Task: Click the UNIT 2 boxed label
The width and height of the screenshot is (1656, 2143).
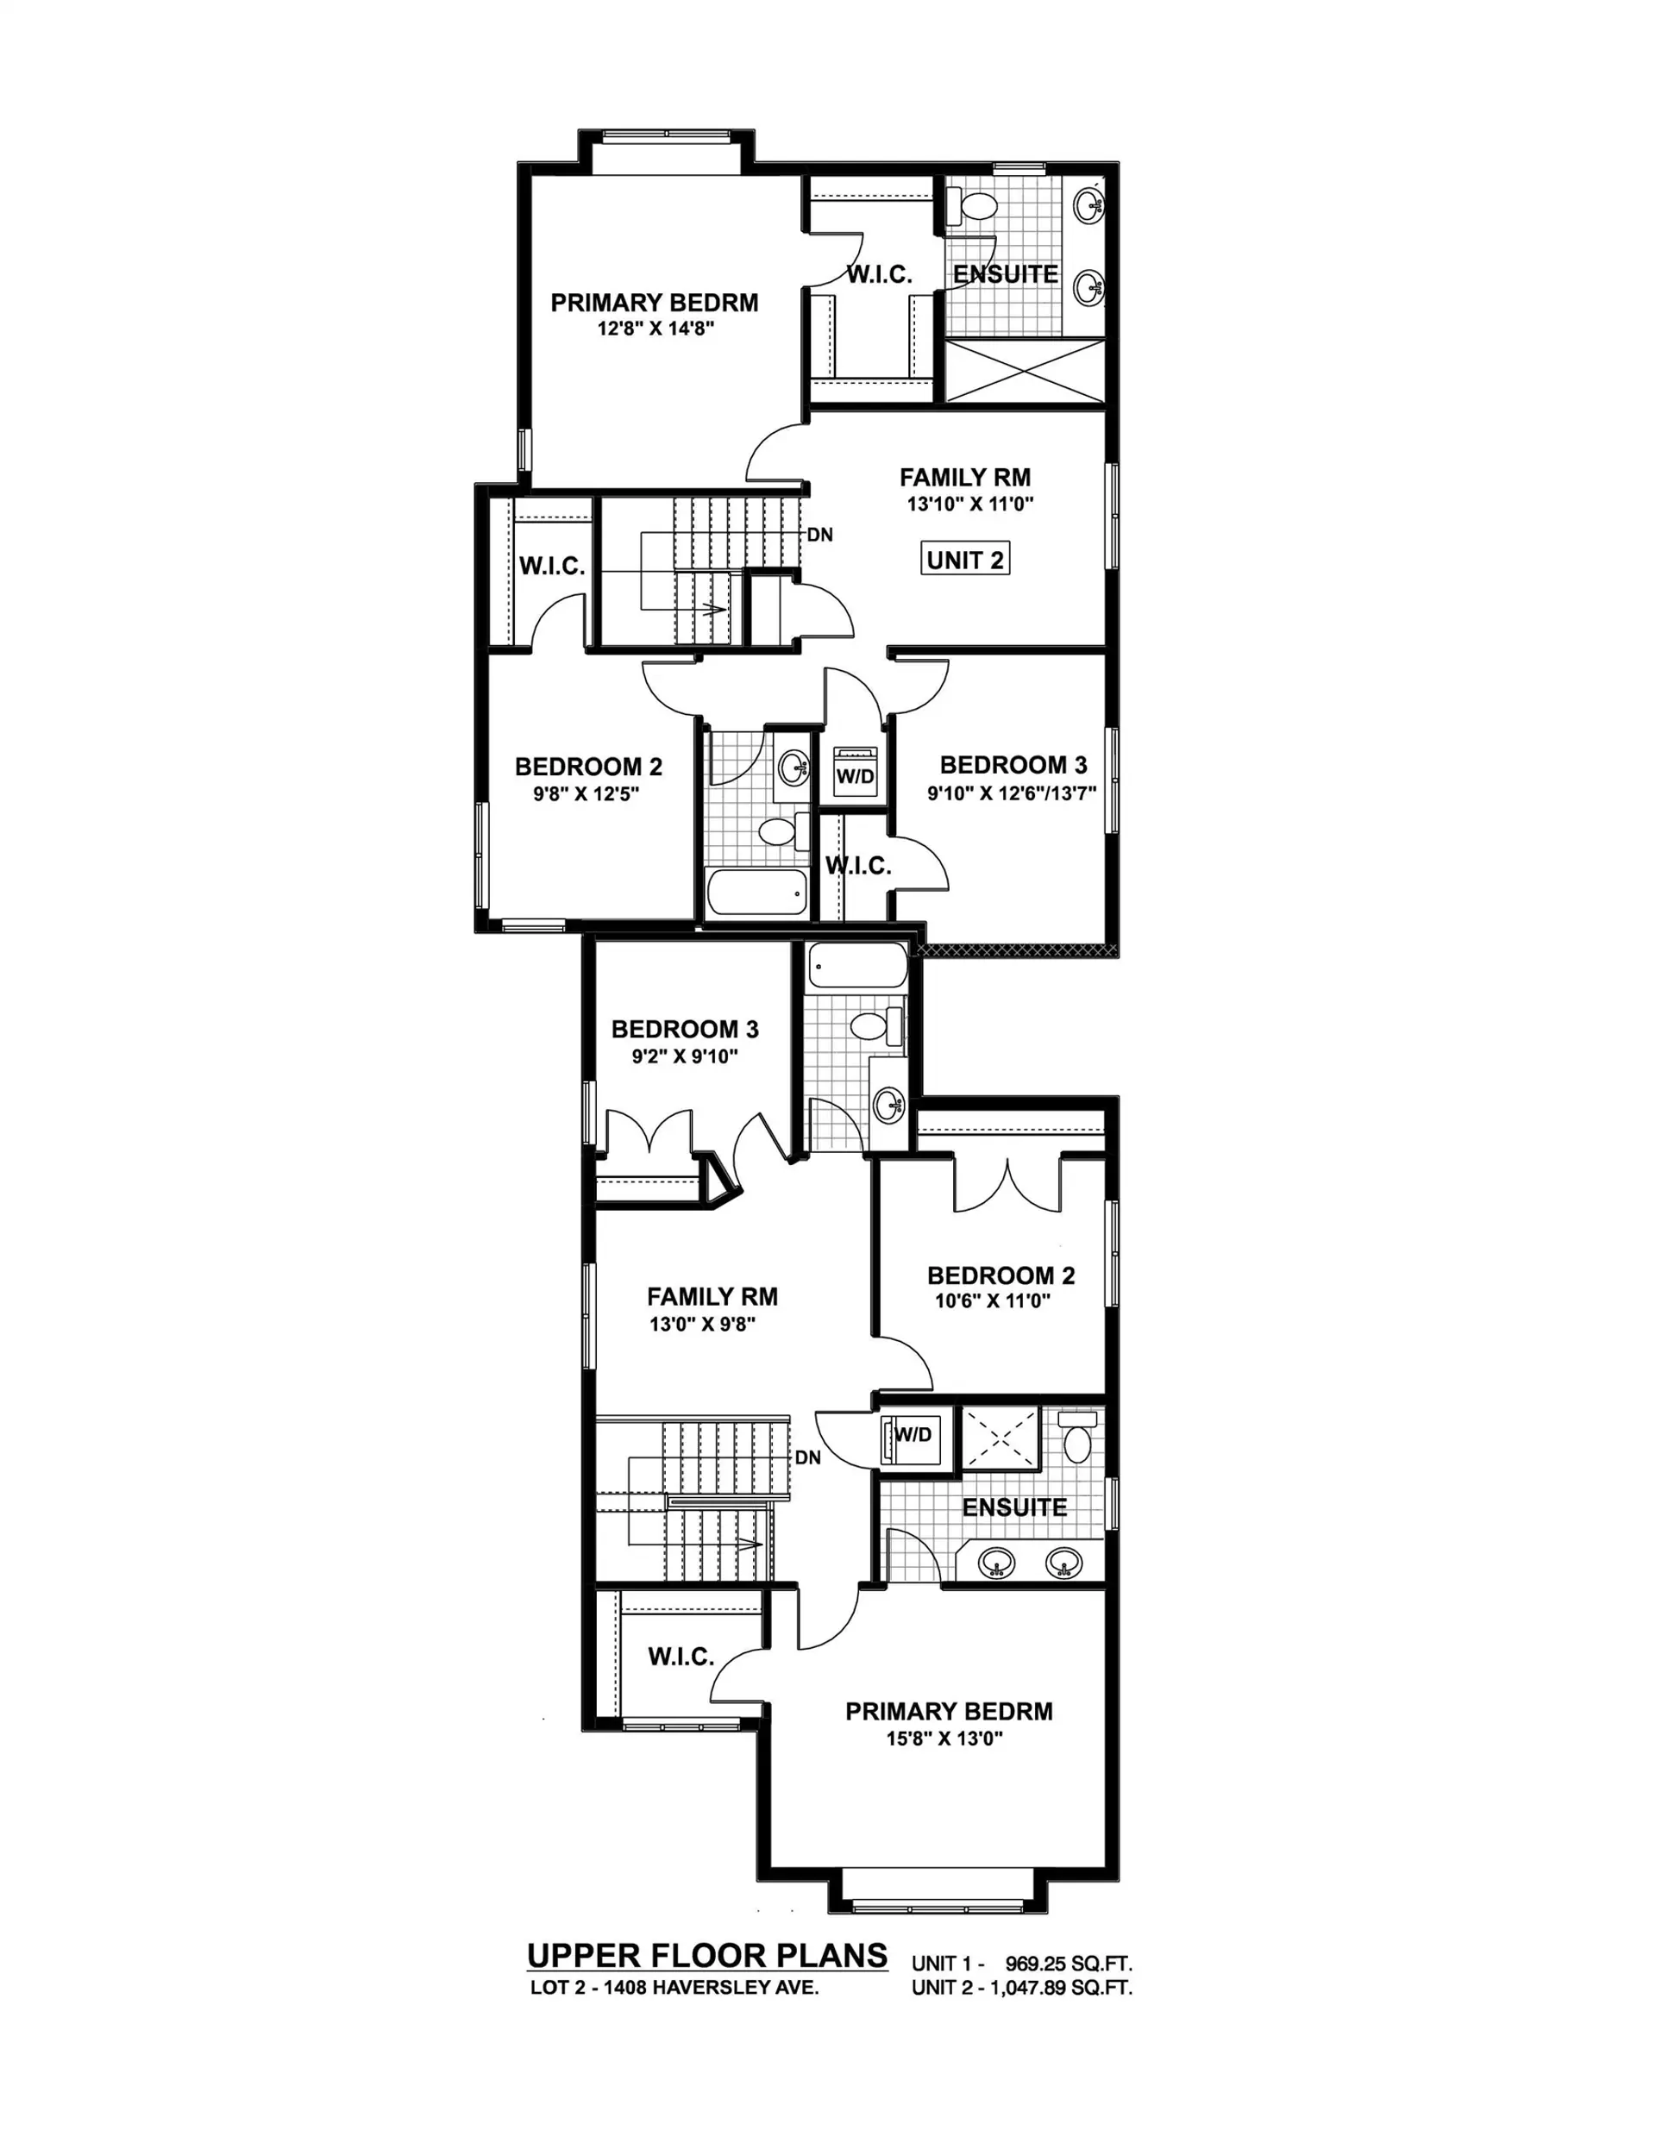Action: pyautogui.click(x=965, y=560)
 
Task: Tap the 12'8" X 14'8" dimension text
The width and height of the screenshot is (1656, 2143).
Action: pyautogui.click(x=655, y=329)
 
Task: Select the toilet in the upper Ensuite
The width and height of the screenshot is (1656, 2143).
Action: pyautogui.click(x=974, y=206)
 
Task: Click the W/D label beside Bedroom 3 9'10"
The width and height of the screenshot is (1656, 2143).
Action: pyautogui.click(x=855, y=776)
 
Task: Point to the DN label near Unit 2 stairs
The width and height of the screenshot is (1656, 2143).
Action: pyautogui.click(x=819, y=535)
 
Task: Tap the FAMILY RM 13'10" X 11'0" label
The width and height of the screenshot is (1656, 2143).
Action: pyautogui.click(x=965, y=479)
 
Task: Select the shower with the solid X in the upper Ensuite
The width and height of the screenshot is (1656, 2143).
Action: pyautogui.click(x=1024, y=370)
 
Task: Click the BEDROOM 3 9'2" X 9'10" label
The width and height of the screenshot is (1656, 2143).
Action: pyautogui.click(x=684, y=1030)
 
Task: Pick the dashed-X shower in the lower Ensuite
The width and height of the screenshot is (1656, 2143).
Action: pyautogui.click(x=1000, y=1438)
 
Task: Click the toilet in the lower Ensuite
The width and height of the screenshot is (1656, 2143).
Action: pyautogui.click(x=1077, y=1439)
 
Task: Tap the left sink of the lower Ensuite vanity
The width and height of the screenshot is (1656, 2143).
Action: pyautogui.click(x=997, y=1561)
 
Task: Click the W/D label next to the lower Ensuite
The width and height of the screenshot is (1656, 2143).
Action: pyautogui.click(x=913, y=1434)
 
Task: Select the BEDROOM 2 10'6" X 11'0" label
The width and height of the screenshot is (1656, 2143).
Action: pyautogui.click(x=1000, y=1275)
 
